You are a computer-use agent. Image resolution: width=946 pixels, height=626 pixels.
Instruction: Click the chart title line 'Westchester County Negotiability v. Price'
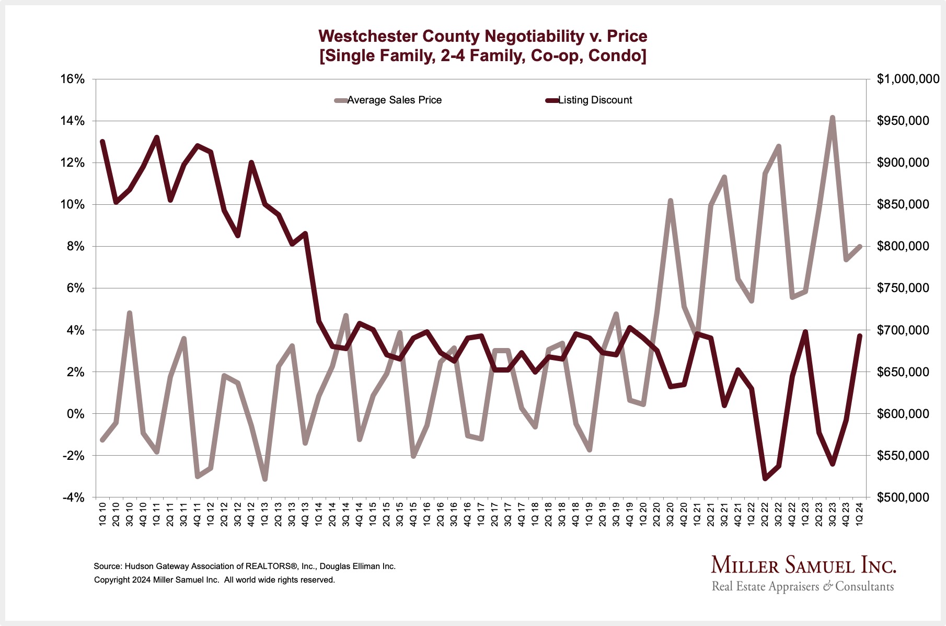click(x=482, y=36)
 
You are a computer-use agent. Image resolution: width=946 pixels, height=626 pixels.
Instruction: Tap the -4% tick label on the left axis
click(x=73, y=497)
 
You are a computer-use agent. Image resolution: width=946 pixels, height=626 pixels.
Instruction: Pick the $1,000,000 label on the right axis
click(x=908, y=79)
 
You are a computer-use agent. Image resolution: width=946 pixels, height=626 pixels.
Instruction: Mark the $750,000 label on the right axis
click(x=903, y=288)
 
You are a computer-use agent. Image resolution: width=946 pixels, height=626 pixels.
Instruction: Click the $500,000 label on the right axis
click(x=903, y=497)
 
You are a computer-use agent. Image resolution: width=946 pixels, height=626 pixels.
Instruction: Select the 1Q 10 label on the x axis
click(x=102, y=515)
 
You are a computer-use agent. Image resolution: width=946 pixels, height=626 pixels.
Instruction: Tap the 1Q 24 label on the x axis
click(x=860, y=515)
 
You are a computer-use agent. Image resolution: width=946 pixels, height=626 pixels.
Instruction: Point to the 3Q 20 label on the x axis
click(x=671, y=515)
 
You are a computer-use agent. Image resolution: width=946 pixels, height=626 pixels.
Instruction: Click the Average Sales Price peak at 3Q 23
click(x=833, y=118)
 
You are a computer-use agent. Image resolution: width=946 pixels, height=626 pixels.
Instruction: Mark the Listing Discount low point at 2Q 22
click(x=765, y=478)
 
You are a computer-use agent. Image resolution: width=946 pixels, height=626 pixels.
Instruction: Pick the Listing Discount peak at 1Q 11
click(x=157, y=137)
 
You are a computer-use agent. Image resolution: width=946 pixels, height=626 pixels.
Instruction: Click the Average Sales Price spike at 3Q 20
click(x=671, y=201)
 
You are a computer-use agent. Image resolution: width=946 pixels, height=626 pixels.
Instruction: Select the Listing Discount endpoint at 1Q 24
click(x=860, y=336)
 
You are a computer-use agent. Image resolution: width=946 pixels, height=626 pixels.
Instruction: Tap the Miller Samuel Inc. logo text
click(x=803, y=565)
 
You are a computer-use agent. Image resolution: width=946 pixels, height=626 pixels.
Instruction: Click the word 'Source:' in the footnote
click(x=108, y=566)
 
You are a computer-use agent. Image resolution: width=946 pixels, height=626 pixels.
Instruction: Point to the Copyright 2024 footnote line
click(x=214, y=580)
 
